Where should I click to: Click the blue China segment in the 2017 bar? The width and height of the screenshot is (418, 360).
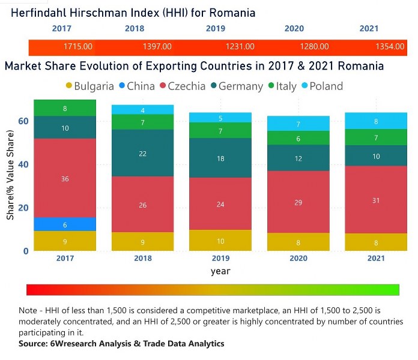(x=65, y=224)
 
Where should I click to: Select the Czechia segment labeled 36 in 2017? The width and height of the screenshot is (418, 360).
(x=65, y=178)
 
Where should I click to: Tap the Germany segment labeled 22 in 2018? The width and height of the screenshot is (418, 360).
(x=143, y=154)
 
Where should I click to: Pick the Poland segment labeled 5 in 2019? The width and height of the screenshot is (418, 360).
(x=220, y=118)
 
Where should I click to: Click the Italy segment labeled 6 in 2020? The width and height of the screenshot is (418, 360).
(x=299, y=139)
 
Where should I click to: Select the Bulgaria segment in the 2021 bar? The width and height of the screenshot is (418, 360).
(x=376, y=242)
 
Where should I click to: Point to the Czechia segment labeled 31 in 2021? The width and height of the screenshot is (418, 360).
(x=376, y=200)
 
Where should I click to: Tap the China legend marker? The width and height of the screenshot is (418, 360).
(x=123, y=86)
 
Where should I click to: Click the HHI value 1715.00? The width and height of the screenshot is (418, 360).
(x=78, y=46)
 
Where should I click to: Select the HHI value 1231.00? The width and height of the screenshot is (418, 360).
(x=240, y=46)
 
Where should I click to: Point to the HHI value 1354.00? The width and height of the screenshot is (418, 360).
(x=390, y=46)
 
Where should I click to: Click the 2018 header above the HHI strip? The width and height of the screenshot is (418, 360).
(x=135, y=29)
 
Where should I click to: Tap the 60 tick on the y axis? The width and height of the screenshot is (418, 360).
(x=23, y=121)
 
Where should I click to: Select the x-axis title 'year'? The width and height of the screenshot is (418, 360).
(x=220, y=271)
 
